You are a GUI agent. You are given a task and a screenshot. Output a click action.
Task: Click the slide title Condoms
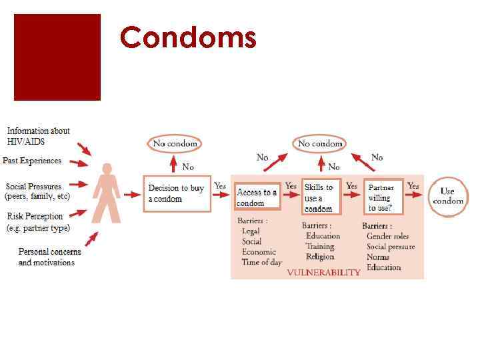tap(188, 37)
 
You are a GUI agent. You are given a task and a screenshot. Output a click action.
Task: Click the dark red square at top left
tap(57, 57)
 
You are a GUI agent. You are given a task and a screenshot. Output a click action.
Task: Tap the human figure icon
tap(107, 193)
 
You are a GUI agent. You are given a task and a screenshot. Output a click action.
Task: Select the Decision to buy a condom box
tap(176, 193)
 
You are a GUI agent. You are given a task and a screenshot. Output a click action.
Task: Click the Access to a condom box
tap(257, 197)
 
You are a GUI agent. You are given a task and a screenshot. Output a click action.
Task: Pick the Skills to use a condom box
tap(321, 197)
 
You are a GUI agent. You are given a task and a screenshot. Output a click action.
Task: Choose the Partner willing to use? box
tap(383, 197)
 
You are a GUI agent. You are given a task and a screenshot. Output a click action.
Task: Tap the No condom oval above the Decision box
tap(175, 143)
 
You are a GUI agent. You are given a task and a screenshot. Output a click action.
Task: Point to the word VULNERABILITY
tap(323, 272)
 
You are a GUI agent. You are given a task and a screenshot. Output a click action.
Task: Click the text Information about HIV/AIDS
tap(38, 136)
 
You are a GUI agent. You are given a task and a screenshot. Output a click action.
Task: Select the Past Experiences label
tap(32, 161)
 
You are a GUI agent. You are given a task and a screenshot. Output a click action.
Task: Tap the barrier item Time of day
tap(262, 262)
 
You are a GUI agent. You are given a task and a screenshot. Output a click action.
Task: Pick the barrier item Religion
tap(320, 257)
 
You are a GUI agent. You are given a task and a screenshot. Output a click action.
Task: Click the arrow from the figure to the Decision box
tap(133, 195)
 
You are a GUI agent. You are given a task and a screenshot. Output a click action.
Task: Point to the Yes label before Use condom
tap(413, 185)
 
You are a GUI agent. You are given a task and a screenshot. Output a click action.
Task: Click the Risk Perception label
tap(35, 216)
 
